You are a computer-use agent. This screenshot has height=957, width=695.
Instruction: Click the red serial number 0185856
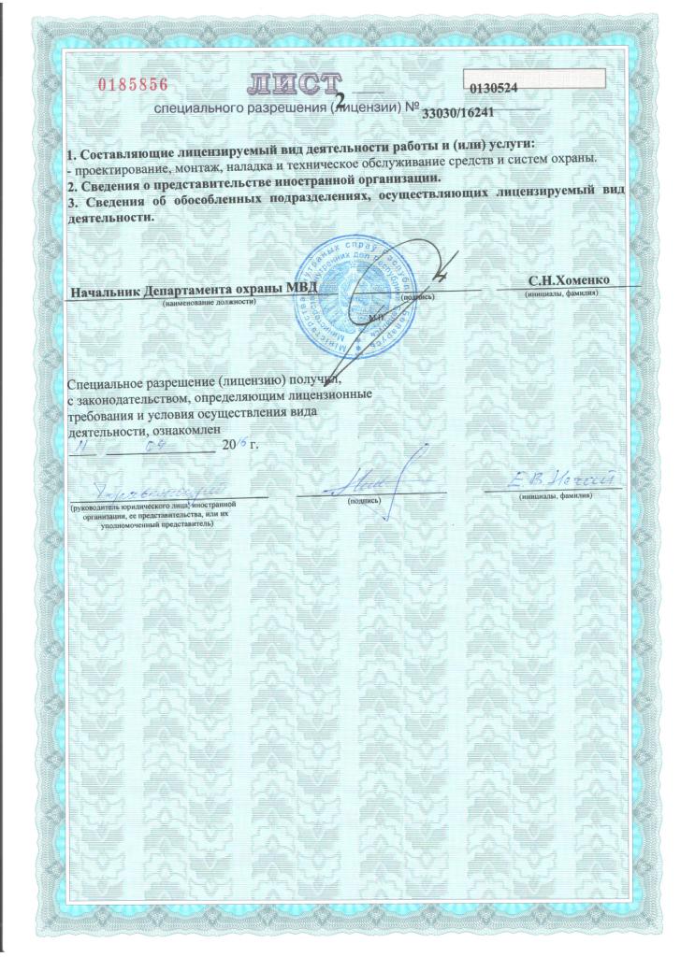click(133, 84)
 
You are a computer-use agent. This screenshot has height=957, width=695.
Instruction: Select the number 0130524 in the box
click(496, 88)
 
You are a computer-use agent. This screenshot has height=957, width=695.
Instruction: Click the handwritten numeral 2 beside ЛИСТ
click(352, 95)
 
